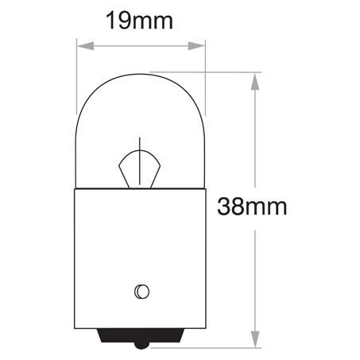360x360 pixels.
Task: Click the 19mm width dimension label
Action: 141,21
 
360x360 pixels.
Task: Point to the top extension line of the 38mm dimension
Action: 230,74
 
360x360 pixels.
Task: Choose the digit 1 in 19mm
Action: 111,21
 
